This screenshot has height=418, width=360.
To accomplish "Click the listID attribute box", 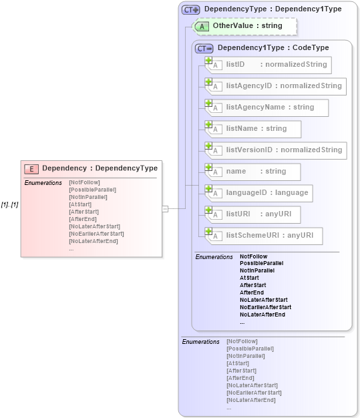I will (271, 65).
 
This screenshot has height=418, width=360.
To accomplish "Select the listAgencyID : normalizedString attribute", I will (278, 86).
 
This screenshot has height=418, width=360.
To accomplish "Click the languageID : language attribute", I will (261, 193).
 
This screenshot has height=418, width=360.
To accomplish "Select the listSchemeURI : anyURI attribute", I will (266, 236).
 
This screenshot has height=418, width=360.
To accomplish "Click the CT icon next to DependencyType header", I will (192, 9).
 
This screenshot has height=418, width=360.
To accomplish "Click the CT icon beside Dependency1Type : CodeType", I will (204, 48).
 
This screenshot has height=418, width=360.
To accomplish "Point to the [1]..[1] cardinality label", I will (9, 204).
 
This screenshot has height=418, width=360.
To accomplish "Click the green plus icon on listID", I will (209, 61).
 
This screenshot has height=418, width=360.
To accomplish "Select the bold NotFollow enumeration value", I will (253, 256).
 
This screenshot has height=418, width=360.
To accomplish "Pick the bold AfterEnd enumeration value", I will (251, 292).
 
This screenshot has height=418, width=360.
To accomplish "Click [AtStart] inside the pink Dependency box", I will (79, 204).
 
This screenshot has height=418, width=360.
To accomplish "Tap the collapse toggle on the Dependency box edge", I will (165, 208).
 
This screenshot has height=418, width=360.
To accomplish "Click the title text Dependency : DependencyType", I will (100, 169).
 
